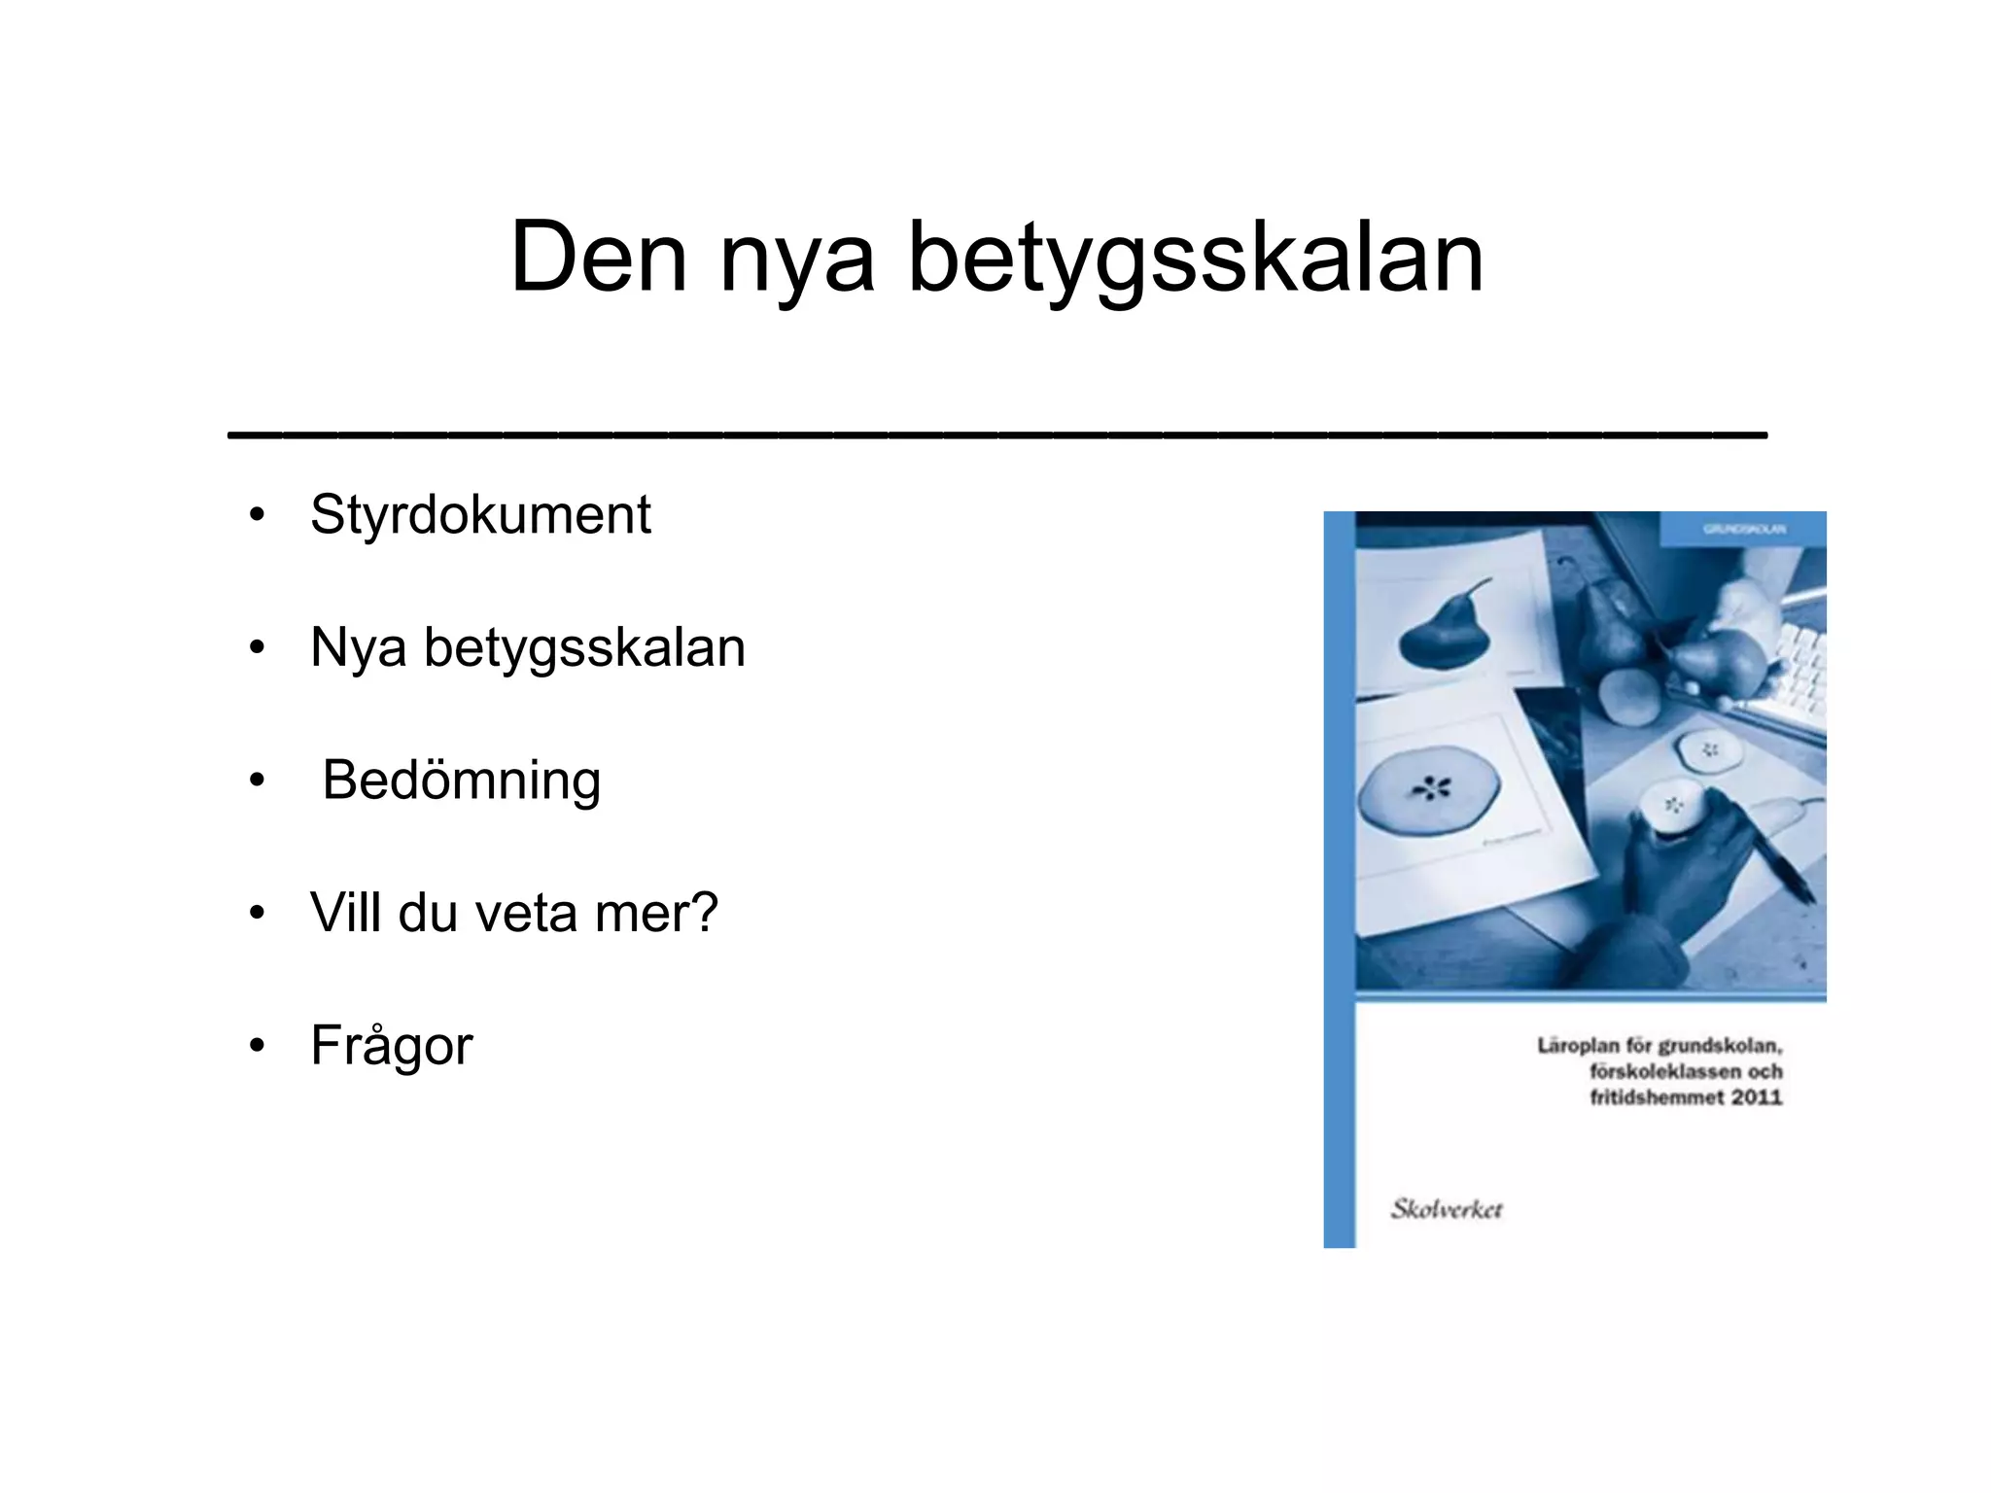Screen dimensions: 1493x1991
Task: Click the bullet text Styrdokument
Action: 480,514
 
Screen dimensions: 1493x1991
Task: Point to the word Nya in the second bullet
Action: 358,647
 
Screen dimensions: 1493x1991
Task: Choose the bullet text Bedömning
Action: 461,781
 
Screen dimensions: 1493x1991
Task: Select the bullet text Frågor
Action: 391,1047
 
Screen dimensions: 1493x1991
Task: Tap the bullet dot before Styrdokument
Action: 257,515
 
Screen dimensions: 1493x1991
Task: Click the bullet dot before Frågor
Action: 257,1047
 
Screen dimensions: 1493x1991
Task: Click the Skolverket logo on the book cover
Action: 1446,1209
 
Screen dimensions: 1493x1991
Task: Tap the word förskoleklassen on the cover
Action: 1665,1071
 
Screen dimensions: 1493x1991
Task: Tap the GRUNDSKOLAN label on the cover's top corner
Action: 1744,529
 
